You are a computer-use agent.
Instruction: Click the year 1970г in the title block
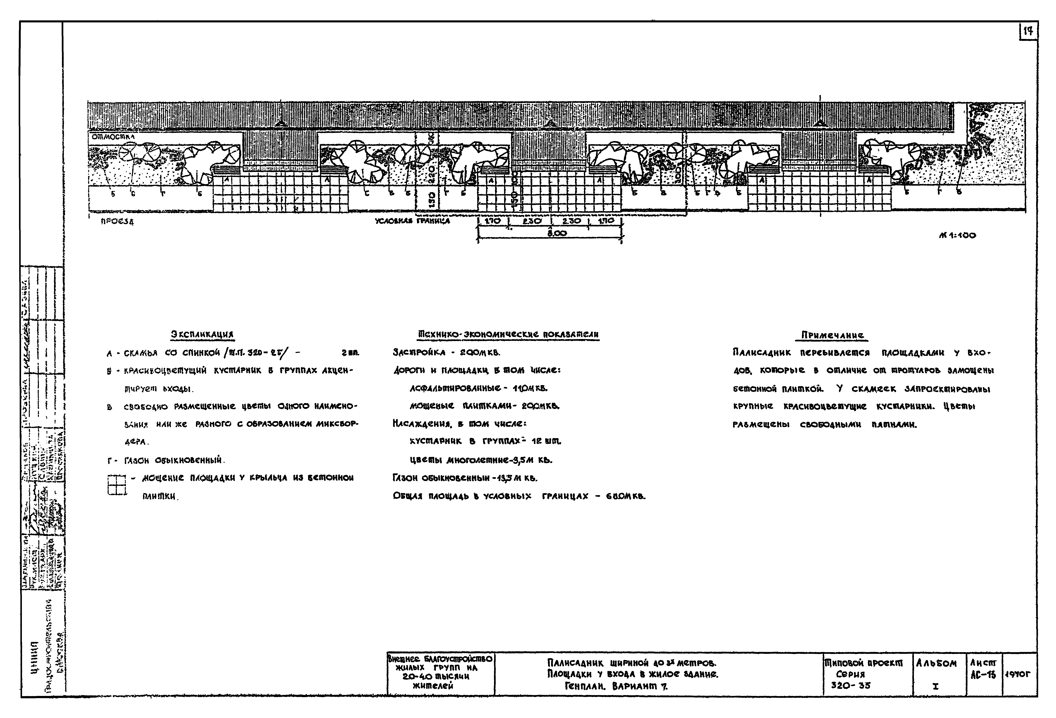(x=1019, y=675)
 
